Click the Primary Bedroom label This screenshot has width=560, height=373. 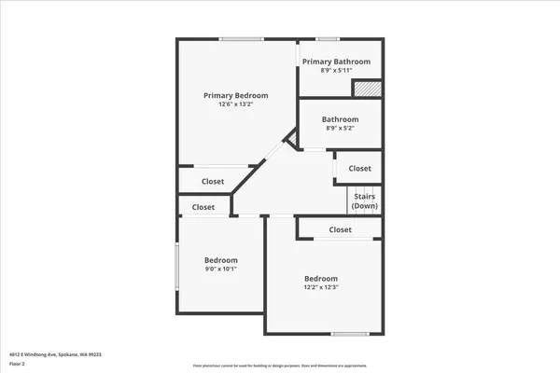pyautogui.click(x=236, y=95)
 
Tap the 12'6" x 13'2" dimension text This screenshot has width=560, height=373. pyautogui.click(x=236, y=104)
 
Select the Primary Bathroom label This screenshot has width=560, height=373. pyautogui.click(x=336, y=62)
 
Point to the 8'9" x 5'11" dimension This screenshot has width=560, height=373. pyautogui.click(x=336, y=70)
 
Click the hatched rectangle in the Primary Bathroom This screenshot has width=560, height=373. pyautogui.click(x=367, y=88)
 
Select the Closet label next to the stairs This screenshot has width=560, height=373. pyautogui.click(x=359, y=169)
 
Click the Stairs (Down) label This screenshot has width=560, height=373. pyautogui.click(x=364, y=200)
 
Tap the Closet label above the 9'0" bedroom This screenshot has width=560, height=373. pyautogui.click(x=203, y=207)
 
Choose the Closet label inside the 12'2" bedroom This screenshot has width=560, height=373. pyautogui.click(x=340, y=229)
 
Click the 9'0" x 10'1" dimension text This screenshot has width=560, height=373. pyautogui.click(x=221, y=269)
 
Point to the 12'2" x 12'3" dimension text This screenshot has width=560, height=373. pyautogui.click(x=320, y=288)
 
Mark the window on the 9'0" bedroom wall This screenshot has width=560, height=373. pyautogui.click(x=177, y=269)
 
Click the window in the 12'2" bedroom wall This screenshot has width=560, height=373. pyautogui.click(x=350, y=333)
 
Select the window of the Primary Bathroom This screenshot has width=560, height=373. pyautogui.click(x=327, y=39)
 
